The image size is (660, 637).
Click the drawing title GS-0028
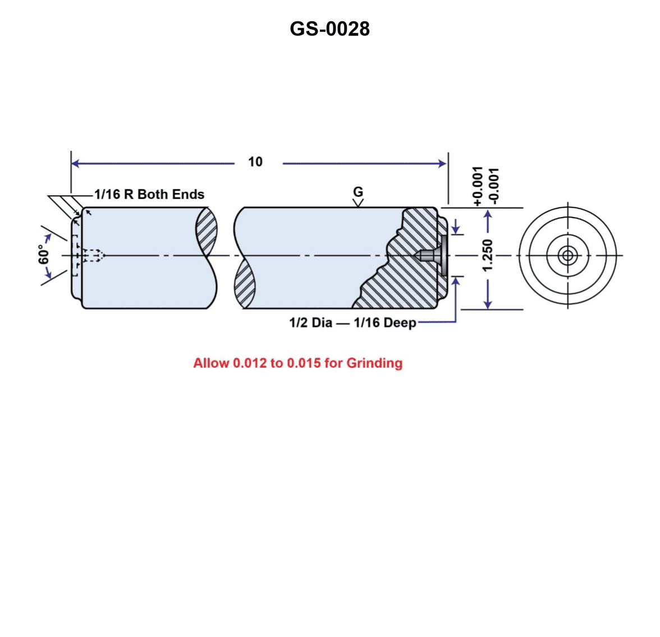[329, 29]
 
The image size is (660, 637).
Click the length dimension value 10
[255, 162]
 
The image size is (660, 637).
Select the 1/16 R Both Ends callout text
[149, 195]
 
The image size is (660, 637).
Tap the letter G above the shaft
[358, 191]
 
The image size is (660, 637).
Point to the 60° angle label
[44, 254]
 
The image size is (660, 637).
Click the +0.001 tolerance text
[478, 186]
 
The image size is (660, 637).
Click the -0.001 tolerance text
[493, 186]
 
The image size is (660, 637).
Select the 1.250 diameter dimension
[488, 255]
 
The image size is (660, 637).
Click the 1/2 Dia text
[310, 323]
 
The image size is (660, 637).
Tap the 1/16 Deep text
[385, 323]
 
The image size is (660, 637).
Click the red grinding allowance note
[297, 363]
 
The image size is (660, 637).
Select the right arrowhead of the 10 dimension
[443, 164]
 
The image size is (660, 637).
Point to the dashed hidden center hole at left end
[91, 256]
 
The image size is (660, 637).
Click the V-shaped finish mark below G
[358, 202]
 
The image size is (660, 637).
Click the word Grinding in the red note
[374, 363]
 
